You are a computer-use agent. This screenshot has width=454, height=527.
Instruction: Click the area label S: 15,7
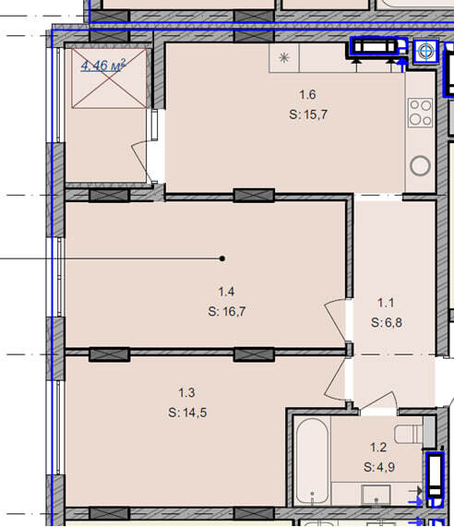coord(308,114)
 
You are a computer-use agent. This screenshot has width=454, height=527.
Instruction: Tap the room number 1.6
coord(307,94)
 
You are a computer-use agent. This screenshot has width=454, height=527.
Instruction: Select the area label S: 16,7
coord(227,312)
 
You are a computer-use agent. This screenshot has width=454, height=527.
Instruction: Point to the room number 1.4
coord(226,292)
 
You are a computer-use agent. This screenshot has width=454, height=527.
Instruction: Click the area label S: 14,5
coord(187,413)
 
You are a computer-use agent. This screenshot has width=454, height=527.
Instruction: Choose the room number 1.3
coord(186,392)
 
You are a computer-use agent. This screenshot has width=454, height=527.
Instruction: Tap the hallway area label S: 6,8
coord(387,323)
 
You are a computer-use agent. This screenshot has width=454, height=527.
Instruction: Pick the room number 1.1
coord(386,303)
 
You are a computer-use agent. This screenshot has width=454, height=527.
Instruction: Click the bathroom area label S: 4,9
coord(379,467)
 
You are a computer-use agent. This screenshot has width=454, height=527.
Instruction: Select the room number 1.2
coord(378,448)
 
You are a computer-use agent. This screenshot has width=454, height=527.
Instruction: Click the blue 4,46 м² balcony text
coord(103,65)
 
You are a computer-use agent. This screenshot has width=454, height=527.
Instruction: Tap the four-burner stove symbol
coord(421,113)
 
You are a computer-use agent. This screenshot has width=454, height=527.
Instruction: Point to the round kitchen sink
coord(421,166)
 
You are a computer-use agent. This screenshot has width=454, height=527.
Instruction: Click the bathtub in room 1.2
coord(312,461)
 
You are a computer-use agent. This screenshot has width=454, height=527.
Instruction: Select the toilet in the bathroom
coord(409,434)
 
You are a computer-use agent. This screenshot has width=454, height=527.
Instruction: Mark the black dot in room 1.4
coord(222,258)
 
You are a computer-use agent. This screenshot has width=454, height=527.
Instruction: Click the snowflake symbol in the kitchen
coord(284,58)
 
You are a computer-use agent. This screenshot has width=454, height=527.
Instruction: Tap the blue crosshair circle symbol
coord(425,52)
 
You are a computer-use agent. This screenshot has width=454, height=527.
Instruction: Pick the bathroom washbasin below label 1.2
coord(376,495)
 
